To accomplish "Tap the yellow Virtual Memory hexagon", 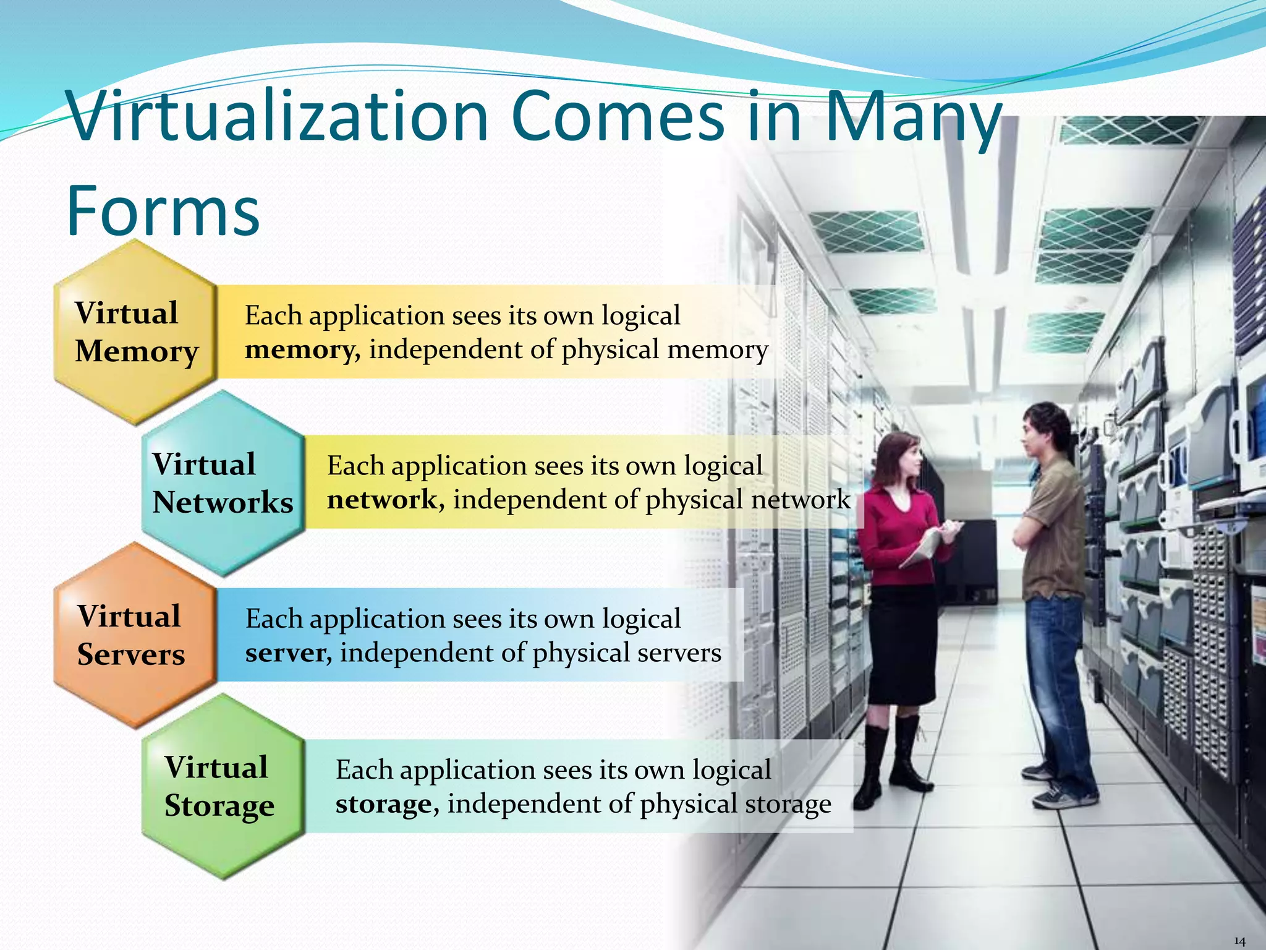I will (x=135, y=332).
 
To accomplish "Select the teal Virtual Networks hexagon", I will (x=223, y=483).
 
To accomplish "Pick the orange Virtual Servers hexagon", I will (x=134, y=635).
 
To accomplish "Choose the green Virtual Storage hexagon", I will (x=223, y=786).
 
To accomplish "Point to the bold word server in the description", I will (x=286, y=653).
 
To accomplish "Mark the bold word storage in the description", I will (x=384, y=804).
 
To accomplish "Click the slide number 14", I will (x=1239, y=941).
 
